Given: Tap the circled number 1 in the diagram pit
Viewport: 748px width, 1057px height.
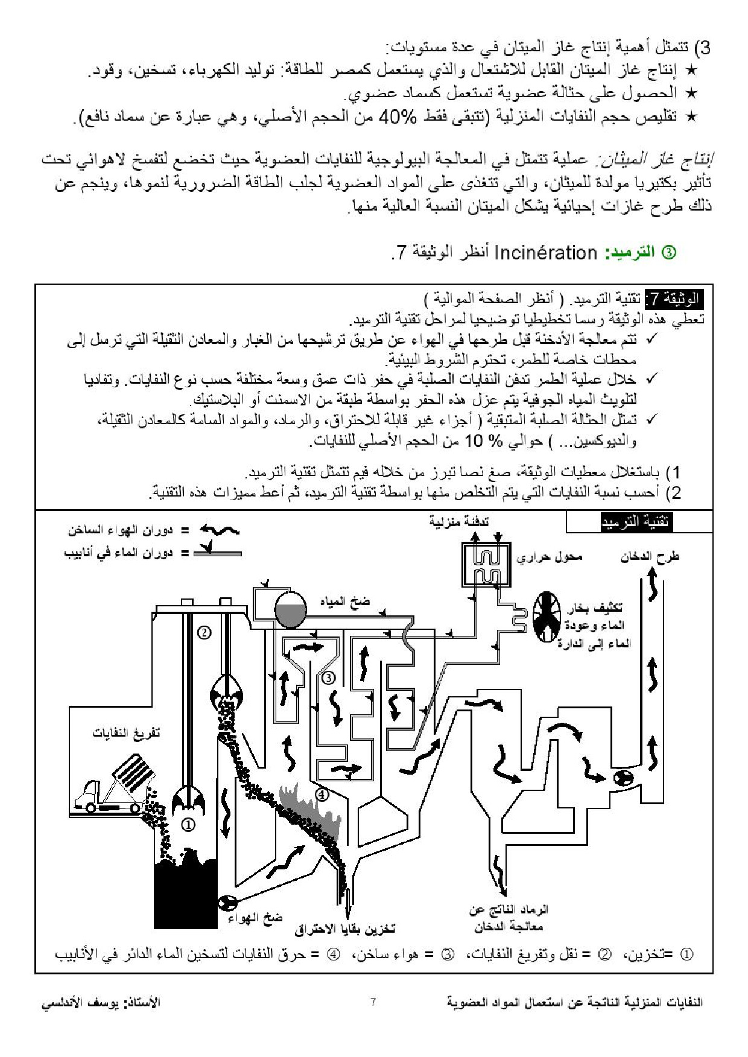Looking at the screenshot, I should coord(188,824).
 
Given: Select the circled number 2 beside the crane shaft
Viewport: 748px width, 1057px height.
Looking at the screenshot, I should coord(204,632).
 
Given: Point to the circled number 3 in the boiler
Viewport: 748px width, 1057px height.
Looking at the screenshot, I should coord(328,678).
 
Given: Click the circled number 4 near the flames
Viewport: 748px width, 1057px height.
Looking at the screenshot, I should coord(322,795).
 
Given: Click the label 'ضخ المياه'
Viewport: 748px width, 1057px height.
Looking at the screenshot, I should coord(344,602).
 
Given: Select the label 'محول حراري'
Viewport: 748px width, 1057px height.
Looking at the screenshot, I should coord(549,557).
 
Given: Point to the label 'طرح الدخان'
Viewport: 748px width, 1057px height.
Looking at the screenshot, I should coord(650,556).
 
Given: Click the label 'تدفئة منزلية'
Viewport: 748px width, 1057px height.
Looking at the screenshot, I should coord(458,521).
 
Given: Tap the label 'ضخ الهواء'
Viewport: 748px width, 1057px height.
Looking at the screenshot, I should coord(255,918).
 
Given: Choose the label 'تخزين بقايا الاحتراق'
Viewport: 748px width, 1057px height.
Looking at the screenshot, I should coord(345,929).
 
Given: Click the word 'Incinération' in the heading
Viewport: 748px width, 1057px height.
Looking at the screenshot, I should coord(545,252).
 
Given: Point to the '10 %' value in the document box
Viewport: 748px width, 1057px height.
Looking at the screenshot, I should coord(484,441).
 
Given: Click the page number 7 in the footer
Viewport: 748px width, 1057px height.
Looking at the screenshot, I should coord(373,1002).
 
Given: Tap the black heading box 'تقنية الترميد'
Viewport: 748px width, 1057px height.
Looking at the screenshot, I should coord(636,522).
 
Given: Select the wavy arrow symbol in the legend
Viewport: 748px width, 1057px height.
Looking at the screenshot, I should coord(220,530).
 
